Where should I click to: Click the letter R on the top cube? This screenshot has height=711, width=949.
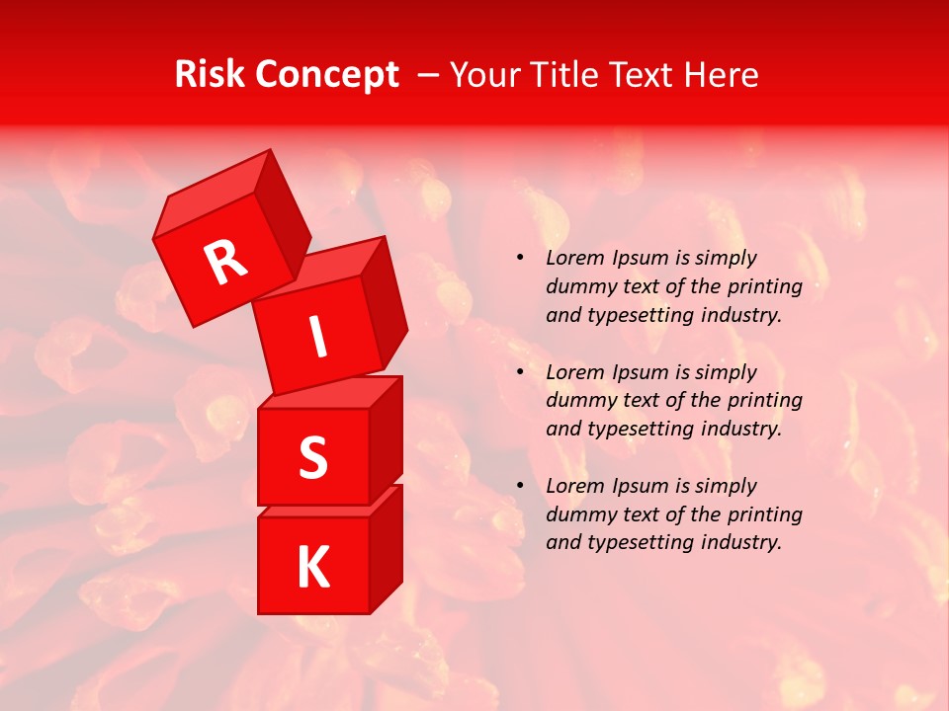[225, 262]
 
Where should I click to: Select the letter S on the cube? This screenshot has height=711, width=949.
[312, 457]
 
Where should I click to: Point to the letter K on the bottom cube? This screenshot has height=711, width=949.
[312, 568]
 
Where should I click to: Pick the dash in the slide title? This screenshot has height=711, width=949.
[429, 75]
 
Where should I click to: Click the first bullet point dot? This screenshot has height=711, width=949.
[520, 259]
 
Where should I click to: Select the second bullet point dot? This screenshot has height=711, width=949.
[520, 372]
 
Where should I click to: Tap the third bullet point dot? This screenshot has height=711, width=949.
[520, 486]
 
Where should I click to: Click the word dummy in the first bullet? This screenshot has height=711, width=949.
[578, 287]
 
